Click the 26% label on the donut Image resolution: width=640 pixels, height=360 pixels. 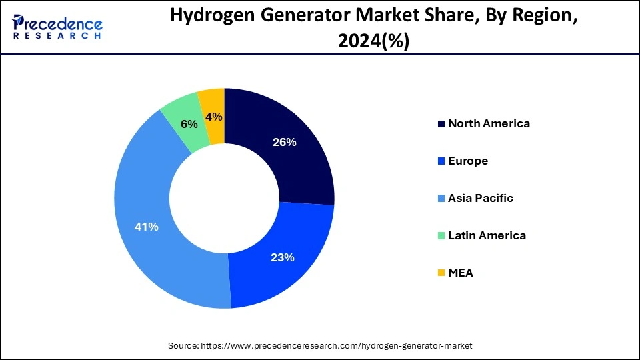pos(285,142)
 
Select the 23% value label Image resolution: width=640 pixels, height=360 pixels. pos(283,257)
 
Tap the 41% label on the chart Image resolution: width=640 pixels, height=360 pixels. pos(147,227)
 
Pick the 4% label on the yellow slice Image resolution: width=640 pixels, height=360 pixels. pos(215,117)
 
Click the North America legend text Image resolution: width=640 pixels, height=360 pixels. pos(489,123)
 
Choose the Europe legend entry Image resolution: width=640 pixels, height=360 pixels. pos(468,161)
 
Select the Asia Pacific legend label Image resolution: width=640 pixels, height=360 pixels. pos(481,198)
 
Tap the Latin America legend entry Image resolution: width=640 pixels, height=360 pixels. pos(487,235)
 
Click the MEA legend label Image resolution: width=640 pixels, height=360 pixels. pos(461,273)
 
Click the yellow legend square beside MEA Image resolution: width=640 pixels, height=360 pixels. pos(441,273)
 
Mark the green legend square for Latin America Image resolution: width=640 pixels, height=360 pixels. pos(441,236)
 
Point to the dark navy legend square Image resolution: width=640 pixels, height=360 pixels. pos(441,124)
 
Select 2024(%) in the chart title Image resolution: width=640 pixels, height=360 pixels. pos(373,41)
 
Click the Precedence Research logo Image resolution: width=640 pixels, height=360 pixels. pos(57,27)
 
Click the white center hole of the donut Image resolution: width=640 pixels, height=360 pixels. pos(224,198)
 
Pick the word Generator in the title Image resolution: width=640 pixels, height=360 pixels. pos(300,17)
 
